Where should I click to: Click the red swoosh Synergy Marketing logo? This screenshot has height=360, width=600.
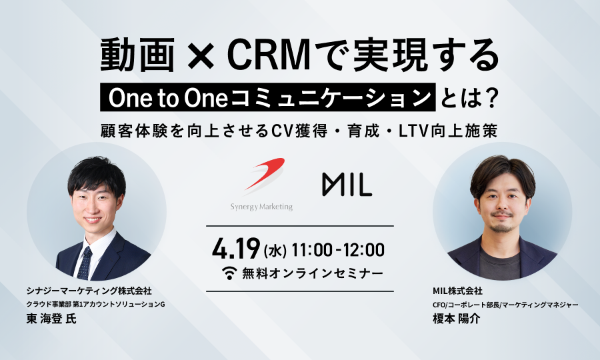pos(265,175)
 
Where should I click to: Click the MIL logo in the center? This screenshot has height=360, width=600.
pos(347,185)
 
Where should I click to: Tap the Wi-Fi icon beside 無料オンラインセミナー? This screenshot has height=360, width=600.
pos(229,273)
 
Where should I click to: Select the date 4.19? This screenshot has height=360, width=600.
pos(236,249)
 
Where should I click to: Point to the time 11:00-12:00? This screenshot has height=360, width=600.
pos(338,250)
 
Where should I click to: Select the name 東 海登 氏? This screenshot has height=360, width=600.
pos(51,319)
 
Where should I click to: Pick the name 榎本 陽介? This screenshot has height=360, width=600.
pos(457,319)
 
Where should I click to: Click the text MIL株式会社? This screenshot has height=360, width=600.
pos(457,291)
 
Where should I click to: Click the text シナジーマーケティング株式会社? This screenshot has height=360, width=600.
pos(89,291)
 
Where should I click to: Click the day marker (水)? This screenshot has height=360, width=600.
pos(275,251)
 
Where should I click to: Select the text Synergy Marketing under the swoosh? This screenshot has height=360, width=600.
pos(261,207)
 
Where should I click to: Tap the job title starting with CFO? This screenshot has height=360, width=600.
pos(505,305)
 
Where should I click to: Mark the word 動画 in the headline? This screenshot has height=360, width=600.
pos(137,56)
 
